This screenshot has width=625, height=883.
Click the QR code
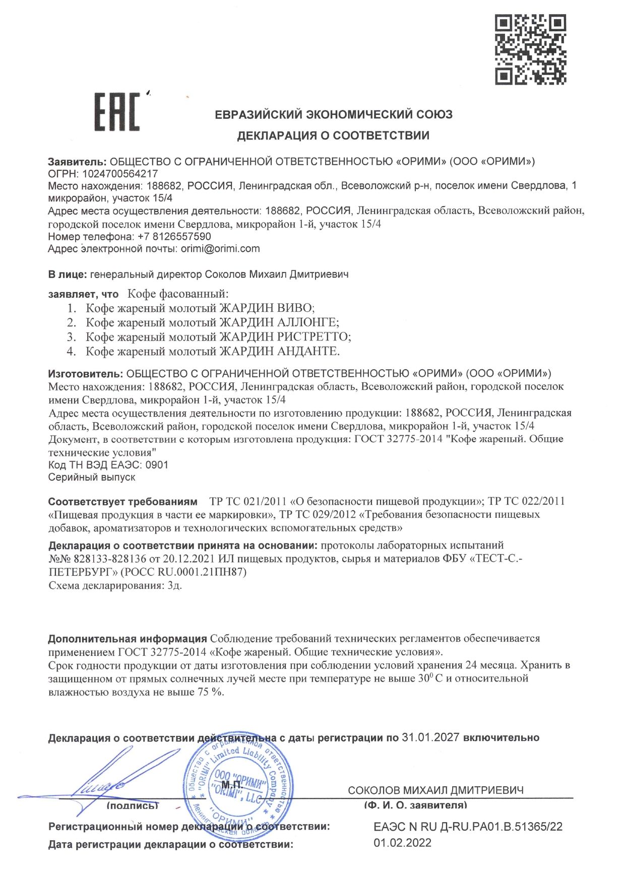530,49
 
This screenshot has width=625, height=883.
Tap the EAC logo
117,112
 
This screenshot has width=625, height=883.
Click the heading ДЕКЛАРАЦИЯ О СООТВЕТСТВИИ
333,135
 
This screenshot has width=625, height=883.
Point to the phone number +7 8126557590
174,236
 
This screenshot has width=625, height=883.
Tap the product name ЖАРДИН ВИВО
266,308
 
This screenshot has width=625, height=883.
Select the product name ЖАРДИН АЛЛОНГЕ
279,322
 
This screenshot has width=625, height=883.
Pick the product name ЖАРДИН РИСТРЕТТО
284,336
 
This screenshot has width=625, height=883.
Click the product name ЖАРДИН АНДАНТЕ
279,351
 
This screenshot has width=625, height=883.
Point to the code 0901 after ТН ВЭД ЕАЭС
157,464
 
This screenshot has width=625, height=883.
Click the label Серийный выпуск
92,477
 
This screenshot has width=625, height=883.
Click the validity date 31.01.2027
430,737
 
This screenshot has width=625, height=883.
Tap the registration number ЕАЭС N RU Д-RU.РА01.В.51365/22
468,827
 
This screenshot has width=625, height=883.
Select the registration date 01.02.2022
402,843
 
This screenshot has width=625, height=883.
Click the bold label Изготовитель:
86,373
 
